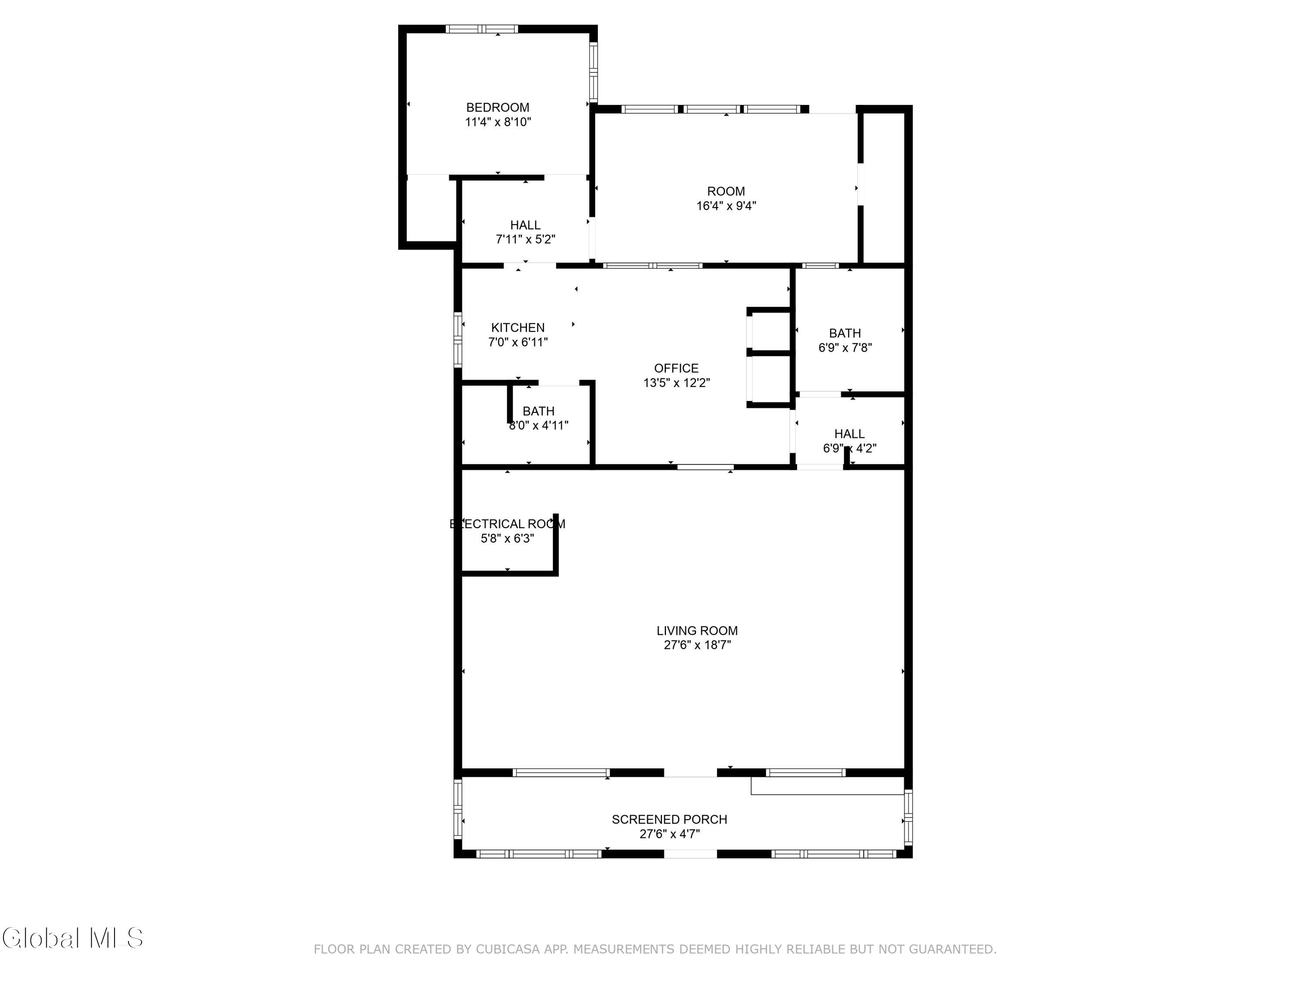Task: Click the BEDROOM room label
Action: [x=498, y=107]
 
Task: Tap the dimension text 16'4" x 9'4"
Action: [x=726, y=206]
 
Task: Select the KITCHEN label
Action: [x=517, y=328]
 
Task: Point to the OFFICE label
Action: [x=676, y=368]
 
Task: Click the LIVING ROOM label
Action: [x=697, y=630]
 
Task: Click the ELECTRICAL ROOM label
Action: [x=507, y=524]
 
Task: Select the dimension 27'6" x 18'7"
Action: [x=697, y=645]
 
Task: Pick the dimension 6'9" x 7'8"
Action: [x=845, y=347]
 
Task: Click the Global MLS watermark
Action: [x=73, y=938]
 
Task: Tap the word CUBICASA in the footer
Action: [x=508, y=949]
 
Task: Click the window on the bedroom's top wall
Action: [x=482, y=28]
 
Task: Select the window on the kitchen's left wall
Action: [x=458, y=339]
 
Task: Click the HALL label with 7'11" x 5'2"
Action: [x=525, y=225]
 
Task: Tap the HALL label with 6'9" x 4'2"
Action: [x=849, y=434]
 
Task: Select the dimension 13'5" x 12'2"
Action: [x=676, y=382]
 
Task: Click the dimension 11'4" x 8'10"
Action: [x=498, y=121]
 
